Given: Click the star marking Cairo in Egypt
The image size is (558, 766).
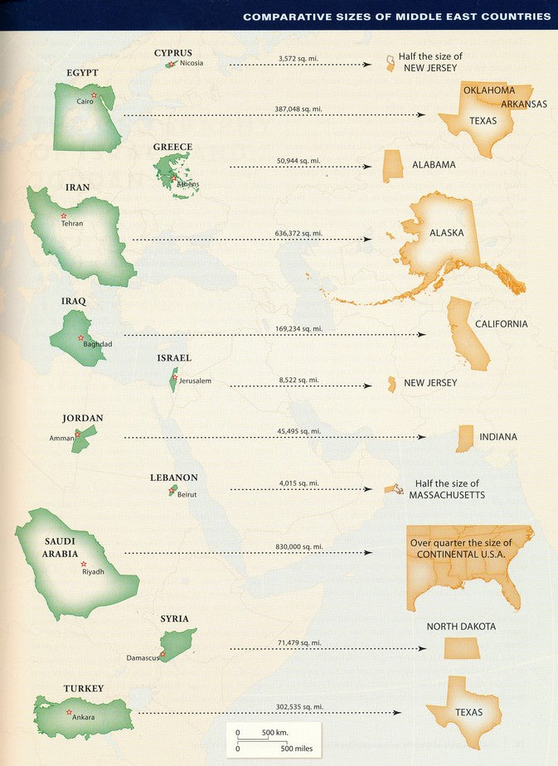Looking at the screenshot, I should tap(94, 95).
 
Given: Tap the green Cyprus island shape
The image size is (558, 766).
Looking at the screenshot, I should tap(171, 64).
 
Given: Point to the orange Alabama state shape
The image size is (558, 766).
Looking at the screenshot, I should tap(392, 166).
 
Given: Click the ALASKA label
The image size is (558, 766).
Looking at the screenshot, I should tap(446, 233).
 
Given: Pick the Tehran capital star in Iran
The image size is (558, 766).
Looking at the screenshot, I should tap(63, 216).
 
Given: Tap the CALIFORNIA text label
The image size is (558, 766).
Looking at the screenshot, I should tap(501, 324).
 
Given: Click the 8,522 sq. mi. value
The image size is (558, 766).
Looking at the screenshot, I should tap(298, 380).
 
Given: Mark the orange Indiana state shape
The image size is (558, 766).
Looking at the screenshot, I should tap(464, 439).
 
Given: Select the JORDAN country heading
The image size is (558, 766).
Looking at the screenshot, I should tap(82, 419).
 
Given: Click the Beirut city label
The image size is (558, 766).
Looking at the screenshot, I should tap(187, 494).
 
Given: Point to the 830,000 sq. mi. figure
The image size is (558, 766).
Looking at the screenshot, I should tap(300, 546).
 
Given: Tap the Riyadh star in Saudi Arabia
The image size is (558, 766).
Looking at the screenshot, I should tap(83, 564).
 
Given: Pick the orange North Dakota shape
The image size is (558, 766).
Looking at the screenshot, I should tap(462, 648).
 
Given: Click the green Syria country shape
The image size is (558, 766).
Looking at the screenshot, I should tap(179, 642).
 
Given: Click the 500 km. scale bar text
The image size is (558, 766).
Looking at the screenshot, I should tap(274, 733).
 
